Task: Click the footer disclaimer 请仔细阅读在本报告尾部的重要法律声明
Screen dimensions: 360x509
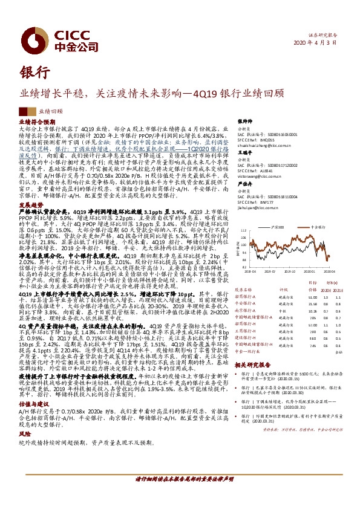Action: [180, 479]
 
